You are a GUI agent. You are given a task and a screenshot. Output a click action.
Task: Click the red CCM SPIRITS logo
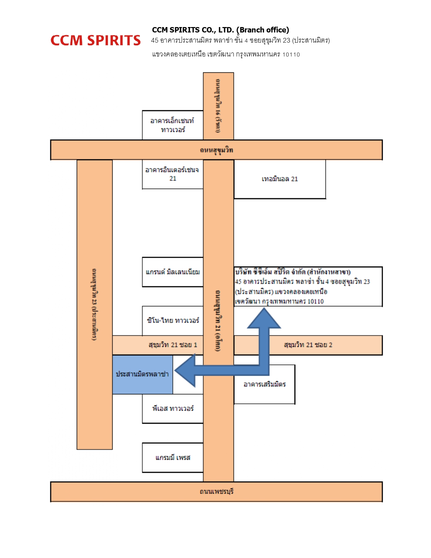tap(95, 41)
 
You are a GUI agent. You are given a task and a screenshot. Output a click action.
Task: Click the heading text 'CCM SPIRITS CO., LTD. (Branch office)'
tap(220, 30)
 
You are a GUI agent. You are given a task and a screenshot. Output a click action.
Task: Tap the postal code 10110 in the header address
tap(291, 55)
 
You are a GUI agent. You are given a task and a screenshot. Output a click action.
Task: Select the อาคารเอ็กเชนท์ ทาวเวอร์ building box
tap(172, 125)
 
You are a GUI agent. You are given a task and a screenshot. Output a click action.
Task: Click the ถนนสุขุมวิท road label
tap(216, 150)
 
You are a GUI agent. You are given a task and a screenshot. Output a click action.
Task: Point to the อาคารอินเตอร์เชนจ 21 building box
tap(172, 174)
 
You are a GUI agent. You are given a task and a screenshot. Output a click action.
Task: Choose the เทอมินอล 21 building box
tap(280, 179)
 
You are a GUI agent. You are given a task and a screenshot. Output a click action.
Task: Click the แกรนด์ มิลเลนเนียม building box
tap(172, 272)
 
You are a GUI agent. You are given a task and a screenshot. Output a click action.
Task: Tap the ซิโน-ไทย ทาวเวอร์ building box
tap(173, 321)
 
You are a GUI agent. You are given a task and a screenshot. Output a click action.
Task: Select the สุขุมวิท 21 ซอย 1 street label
tap(173, 345)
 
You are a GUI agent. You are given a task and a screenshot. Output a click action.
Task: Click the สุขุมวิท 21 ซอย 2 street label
tap(308, 345)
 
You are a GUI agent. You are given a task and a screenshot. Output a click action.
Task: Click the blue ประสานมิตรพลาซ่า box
tap(142, 374)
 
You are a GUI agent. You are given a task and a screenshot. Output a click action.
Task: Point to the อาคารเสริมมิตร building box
tap(264, 385)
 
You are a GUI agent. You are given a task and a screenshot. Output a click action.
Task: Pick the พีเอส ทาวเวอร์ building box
tap(173, 409)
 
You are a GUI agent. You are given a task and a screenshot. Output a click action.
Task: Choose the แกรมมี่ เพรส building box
tap(173, 458)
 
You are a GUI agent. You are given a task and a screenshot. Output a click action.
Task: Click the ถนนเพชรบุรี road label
tap(216, 491)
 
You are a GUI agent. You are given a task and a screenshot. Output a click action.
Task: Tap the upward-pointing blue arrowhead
tap(264, 319)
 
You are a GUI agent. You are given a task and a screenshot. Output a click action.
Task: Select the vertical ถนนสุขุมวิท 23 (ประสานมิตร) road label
tap(94, 304)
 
